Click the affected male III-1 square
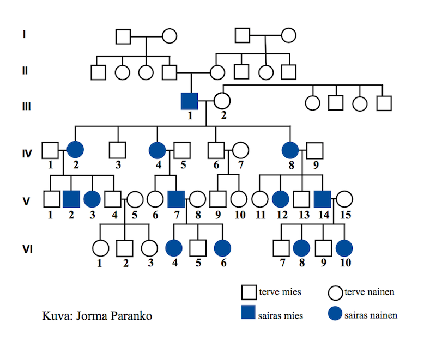click(x=189, y=101)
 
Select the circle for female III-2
click(x=221, y=101)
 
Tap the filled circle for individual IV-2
click(x=75, y=149)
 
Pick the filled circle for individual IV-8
click(x=290, y=149)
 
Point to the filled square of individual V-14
click(x=323, y=199)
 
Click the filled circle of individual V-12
click(x=280, y=199)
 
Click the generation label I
click(x=24, y=35)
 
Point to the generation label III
click(x=25, y=105)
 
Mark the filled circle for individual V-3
click(x=92, y=199)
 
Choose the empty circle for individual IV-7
click(x=240, y=149)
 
